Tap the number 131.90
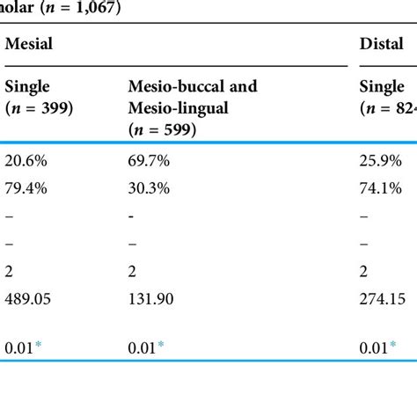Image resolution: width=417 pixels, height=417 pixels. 153,298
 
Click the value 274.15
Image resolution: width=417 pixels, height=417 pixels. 384,298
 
